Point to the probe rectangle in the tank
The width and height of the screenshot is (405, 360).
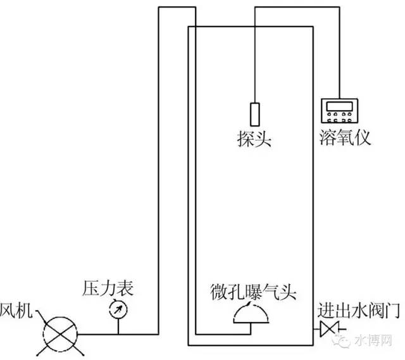254,115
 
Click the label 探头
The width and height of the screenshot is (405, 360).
254,140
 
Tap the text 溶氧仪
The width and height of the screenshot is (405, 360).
346,139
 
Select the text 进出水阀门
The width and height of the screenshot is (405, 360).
358,311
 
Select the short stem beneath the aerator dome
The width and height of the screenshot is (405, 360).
251,328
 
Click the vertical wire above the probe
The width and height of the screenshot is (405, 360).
254,57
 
